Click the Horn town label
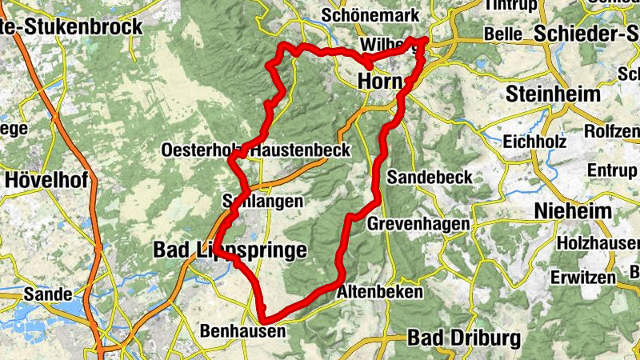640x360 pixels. tap(379, 81)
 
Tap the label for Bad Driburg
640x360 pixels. tap(463, 338)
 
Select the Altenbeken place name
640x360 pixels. tap(380, 293)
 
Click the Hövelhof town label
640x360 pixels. tap(46, 180)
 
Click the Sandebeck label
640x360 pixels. tap(430, 177)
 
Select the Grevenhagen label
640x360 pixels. tap(418, 225)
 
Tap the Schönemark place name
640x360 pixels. tap(358, 15)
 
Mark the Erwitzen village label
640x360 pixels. tap(583, 278)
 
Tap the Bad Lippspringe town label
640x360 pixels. tap(229, 250)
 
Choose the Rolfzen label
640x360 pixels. tap(612, 130)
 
